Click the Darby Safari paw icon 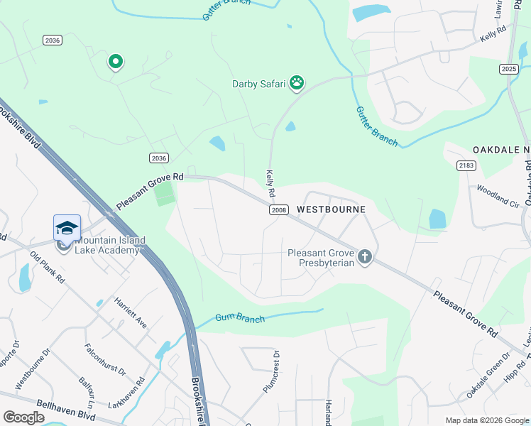click(297, 84)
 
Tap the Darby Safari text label click(258, 84)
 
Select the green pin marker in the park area click(115, 62)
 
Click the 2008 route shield click(278, 210)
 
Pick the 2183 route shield click(466, 165)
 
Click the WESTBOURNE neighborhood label click(331, 209)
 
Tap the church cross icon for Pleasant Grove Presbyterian click(365, 256)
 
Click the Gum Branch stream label click(240, 319)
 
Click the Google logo click(23, 417)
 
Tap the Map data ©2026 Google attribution click(486, 420)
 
